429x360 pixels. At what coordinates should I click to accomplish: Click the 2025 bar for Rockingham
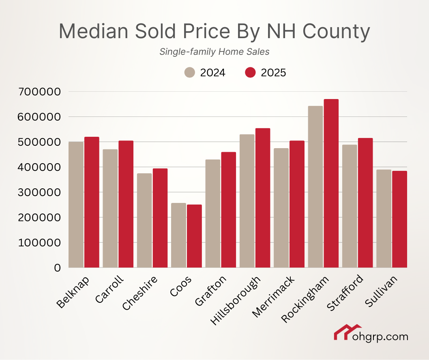coord(331,183)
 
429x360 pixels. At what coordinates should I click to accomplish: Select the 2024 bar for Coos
coord(178,235)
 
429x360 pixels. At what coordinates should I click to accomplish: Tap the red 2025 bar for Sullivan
coord(399,219)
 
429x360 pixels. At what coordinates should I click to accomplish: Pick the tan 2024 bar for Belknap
coord(76,205)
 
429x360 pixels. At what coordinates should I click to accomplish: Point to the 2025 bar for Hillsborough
coord(263,198)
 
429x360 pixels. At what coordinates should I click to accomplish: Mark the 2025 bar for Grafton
coord(229,210)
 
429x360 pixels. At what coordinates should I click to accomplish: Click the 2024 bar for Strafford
coord(350,206)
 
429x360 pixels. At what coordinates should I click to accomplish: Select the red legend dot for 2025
coord(251,73)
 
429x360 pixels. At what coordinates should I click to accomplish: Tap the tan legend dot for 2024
coord(190,73)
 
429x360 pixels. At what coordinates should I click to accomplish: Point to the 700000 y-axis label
coord(40,92)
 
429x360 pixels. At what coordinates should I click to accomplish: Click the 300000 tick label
coord(40,192)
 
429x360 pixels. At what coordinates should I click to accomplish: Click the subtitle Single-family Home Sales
coord(214,52)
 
